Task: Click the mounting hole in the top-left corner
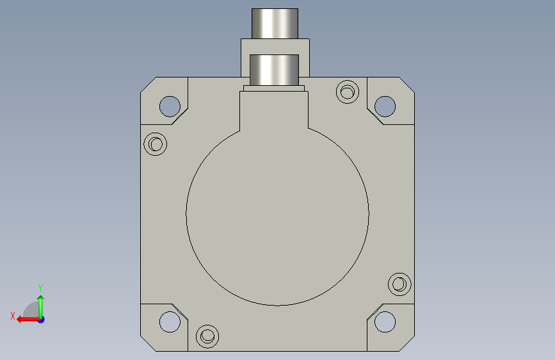[170, 106]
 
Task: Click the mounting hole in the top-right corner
[385, 106]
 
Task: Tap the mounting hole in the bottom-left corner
[170, 322]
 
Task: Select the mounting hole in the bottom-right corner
[385, 322]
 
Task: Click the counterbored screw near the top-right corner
[347, 92]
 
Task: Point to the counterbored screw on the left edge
[156, 144]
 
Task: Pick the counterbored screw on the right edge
[399, 284]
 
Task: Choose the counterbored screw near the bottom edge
[207, 336]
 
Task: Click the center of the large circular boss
[278, 214]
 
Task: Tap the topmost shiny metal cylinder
[275, 24]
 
